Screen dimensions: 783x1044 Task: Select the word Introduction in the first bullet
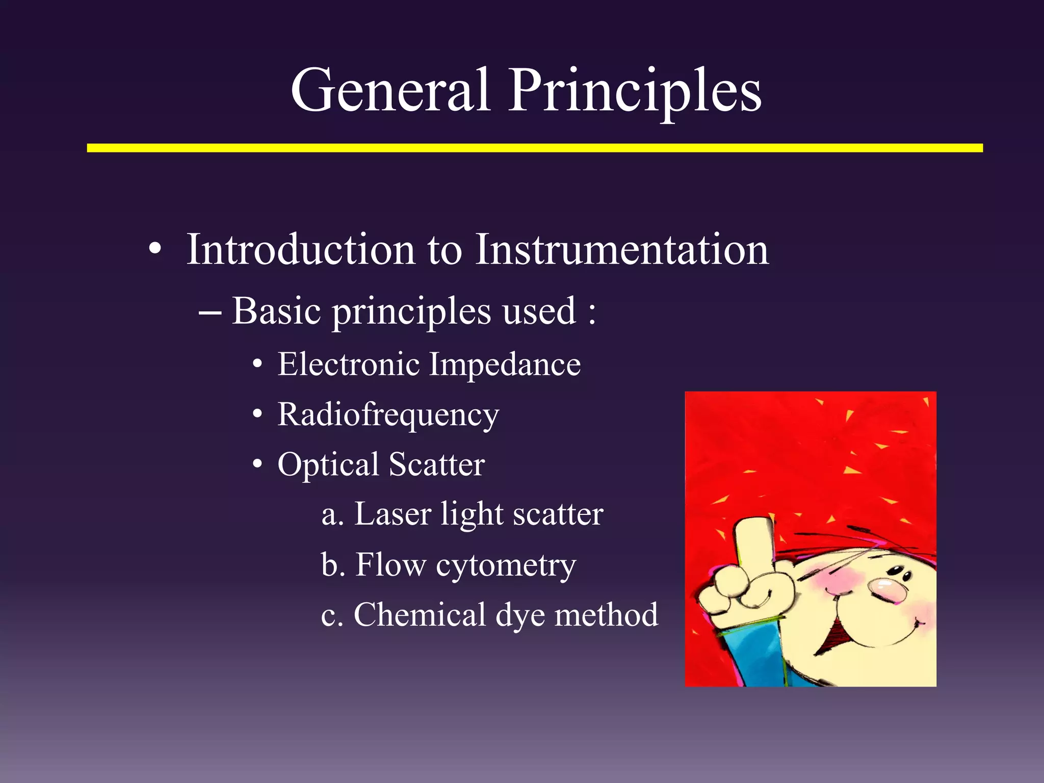pyautogui.click(x=301, y=250)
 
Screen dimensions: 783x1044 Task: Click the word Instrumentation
pyautogui.click(x=621, y=250)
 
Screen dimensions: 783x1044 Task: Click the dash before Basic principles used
pyautogui.click(x=210, y=312)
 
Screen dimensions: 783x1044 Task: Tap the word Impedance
pyautogui.click(x=505, y=364)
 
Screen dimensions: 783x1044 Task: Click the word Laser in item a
pyautogui.click(x=393, y=514)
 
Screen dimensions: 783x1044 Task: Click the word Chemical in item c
pyautogui.click(x=420, y=615)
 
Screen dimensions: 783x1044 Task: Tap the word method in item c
pyautogui.click(x=606, y=615)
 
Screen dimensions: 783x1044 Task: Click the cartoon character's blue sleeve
pyautogui.click(x=749, y=658)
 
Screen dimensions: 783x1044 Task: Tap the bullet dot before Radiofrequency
pyautogui.click(x=258, y=414)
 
